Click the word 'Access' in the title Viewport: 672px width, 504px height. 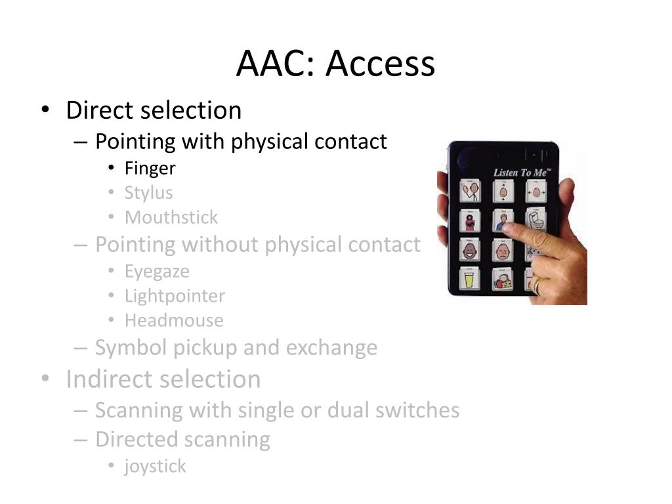tap(380, 64)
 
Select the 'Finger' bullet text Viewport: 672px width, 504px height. tap(150, 169)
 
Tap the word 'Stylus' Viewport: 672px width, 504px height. tap(149, 193)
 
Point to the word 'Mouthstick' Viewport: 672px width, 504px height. tap(171, 217)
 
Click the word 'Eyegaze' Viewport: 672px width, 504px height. tap(157, 272)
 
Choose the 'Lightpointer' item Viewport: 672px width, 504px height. tap(175, 296)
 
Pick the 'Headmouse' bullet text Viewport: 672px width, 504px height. tap(174, 320)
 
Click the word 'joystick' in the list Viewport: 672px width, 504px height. tap(156, 467)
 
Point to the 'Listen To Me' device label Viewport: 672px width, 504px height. tap(521, 173)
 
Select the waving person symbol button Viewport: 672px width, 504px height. tap(470, 191)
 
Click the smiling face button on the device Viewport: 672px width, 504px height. tap(470, 251)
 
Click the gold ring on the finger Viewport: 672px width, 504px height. tap(537, 285)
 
